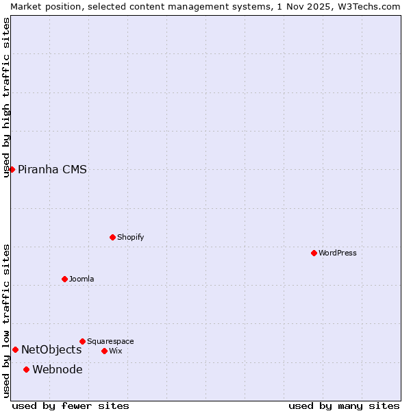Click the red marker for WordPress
[x=314, y=253]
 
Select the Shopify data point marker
[x=113, y=237]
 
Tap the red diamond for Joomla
[x=65, y=279]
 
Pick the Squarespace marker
[x=83, y=341]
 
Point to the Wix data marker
[x=105, y=351]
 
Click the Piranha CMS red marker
[x=12, y=169]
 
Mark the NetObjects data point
[x=15, y=349]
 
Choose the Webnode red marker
[x=27, y=369]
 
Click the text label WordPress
[x=338, y=253]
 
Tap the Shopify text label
[x=131, y=237]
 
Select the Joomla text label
[x=82, y=279]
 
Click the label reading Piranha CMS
[x=52, y=169]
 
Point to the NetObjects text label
[x=51, y=349]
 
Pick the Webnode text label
[x=58, y=369]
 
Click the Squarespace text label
[x=110, y=341]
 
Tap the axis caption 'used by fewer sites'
[x=71, y=406]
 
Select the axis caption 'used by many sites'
[x=344, y=406]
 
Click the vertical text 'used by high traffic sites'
[x=6, y=97]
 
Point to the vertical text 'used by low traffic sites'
[x=6, y=321]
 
